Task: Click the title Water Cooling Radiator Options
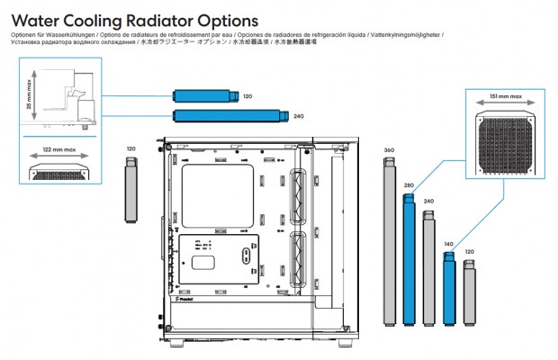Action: [135, 20]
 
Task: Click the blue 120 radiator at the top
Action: [204, 95]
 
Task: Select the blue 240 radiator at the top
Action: [229, 115]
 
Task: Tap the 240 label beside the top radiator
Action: [299, 116]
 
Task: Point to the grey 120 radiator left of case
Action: [131, 191]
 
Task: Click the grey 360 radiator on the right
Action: [390, 241]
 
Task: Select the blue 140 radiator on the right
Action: [450, 287]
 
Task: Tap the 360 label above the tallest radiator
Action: [389, 149]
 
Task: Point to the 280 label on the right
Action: [409, 185]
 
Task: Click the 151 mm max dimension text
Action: [505, 95]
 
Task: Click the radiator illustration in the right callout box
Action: [506, 143]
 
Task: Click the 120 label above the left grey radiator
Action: [131, 148]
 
